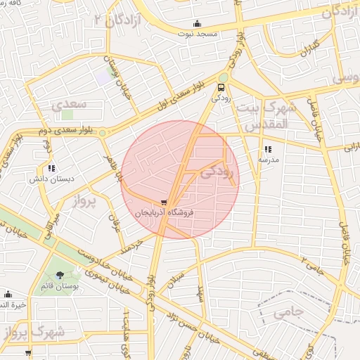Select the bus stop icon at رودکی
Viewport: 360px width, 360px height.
tap(222, 88)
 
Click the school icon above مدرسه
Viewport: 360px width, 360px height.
tap(268, 149)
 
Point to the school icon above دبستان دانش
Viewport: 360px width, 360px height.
tap(51, 168)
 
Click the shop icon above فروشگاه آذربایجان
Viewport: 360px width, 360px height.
tap(164, 202)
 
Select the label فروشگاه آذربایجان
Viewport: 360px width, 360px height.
tap(164, 212)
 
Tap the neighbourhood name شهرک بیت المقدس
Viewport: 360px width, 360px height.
tap(266, 115)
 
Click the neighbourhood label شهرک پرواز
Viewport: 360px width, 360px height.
tap(32, 330)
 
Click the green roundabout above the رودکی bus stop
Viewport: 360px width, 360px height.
tap(223, 77)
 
